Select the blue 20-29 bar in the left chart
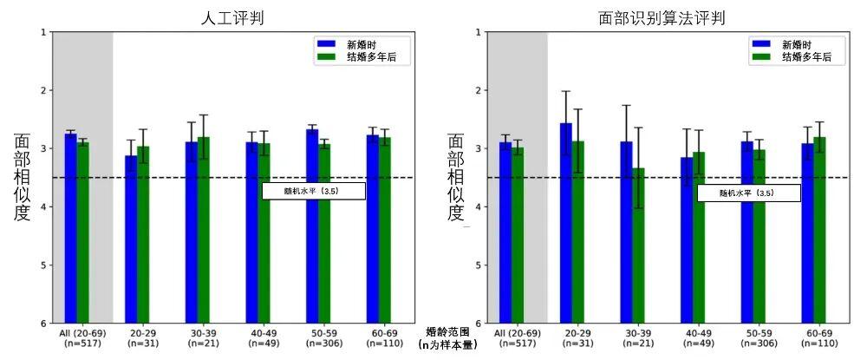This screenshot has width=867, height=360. [x=131, y=239]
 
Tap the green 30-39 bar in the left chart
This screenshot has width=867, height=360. [x=204, y=230]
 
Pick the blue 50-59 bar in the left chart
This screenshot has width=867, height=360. [x=312, y=226]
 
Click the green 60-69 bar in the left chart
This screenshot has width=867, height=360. [x=385, y=230]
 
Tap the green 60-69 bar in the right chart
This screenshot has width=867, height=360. [x=819, y=230]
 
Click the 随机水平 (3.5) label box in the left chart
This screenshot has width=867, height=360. [x=314, y=191]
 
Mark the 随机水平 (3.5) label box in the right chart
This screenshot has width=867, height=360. [x=748, y=193]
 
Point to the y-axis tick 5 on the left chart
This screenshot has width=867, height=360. [x=42, y=265]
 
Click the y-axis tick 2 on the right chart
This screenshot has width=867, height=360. [x=478, y=90]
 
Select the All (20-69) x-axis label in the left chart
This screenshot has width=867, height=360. [x=82, y=333]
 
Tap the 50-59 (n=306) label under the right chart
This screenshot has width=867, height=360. [x=759, y=338]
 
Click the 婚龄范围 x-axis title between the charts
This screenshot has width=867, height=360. [x=447, y=331]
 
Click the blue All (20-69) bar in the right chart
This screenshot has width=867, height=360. [x=505, y=232]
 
